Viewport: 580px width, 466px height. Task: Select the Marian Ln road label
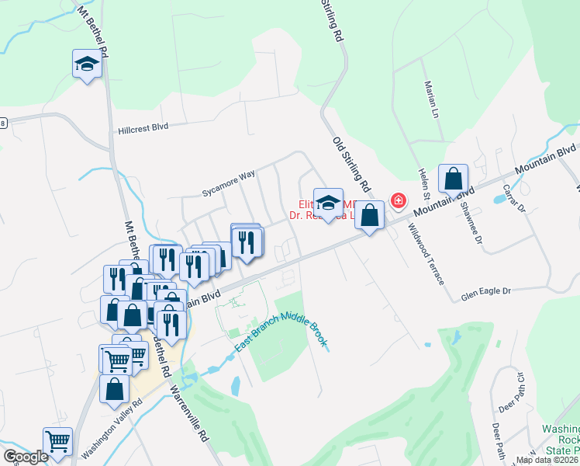[x=427, y=96]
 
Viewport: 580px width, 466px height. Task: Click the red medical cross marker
[x=399, y=201]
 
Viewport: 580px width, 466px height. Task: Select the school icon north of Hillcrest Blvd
[x=88, y=64]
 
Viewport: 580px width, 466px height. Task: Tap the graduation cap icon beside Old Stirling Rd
[x=328, y=203]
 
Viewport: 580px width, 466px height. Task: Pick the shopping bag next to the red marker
[x=370, y=215]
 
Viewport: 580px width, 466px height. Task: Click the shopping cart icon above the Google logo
[x=57, y=440]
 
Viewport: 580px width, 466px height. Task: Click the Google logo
[x=26, y=457]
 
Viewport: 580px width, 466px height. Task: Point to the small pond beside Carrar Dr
[x=500, y=199]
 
